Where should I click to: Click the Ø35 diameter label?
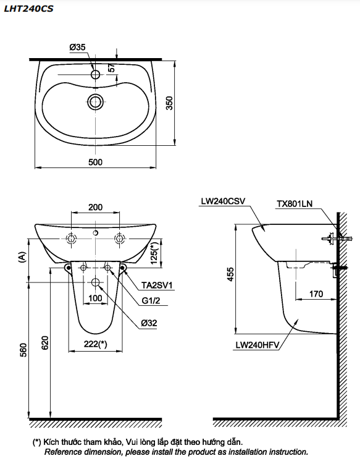(x=77, y=47)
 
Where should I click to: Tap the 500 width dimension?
(x=95, y=162)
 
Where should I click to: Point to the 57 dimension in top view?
(x=111, y=69)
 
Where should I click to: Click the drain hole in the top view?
(x=96, y=101)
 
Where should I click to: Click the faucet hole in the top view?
(x=96, y=75)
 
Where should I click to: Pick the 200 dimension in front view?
(x=95, y=207)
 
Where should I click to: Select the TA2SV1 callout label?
(x=155, y=285)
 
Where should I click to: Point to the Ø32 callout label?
(x=149, y=322)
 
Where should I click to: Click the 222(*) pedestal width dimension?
(x=94, y=345)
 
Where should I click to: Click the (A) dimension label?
(x=22, y=256)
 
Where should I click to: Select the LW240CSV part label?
(x=223, y=201)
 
